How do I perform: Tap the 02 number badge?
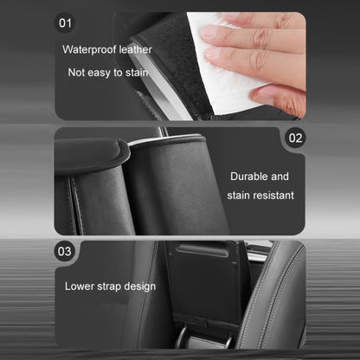(x=295, y=138)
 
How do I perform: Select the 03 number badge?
(x=65, y=252)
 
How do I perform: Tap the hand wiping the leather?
(x=260, y=48)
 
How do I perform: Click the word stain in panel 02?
(x=237, y=196)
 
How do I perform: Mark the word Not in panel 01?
(x=78, y=72)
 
